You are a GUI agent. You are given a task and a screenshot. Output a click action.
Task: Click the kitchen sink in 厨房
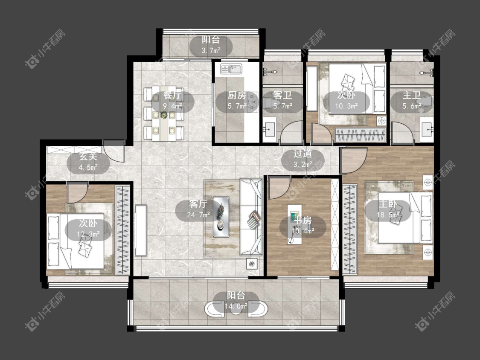click(x=231, y=69)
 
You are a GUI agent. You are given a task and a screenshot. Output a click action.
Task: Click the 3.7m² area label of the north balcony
click(x=211, y=50)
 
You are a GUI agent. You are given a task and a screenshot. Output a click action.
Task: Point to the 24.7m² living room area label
click(x=198, y=215)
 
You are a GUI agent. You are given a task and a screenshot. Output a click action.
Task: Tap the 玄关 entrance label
click(x=88, y=157)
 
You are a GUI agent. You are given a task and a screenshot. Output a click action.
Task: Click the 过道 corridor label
click(x=303, y=154)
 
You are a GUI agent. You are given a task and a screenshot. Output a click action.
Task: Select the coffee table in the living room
click(x=221, y=216)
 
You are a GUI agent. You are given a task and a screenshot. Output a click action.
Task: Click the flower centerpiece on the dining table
click(x=164, y=115)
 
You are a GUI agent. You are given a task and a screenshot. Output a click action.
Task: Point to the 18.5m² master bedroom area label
click(x=388, y=215)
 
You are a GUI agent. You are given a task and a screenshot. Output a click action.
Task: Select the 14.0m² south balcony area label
click(x=236, y=306)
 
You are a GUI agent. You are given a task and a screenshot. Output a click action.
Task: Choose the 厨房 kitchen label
click(x=237, y=95)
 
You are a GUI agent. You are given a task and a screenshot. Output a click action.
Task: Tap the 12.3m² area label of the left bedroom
click(x=88, y=234)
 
